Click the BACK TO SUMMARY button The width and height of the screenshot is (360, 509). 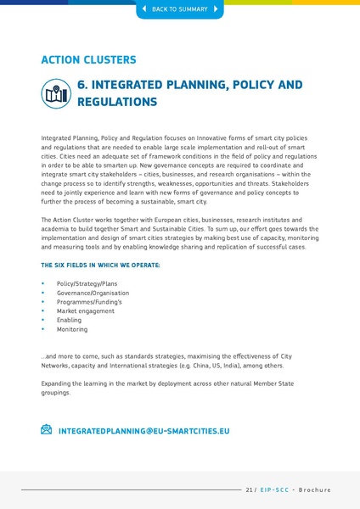(179, 9)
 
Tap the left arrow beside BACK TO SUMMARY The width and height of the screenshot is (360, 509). (143, 9)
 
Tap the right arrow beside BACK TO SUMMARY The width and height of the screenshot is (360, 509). (216, 9)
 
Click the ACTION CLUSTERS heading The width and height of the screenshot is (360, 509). (88, 60)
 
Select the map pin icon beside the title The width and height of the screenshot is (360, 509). (56, 93)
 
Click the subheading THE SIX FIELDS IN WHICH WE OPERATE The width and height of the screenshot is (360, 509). (100, 266)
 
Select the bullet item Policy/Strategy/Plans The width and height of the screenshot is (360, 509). (87, 282)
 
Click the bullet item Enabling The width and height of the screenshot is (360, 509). (70, 320)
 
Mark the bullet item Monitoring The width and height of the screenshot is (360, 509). (72, 329)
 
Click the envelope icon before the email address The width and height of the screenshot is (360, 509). (47, 430)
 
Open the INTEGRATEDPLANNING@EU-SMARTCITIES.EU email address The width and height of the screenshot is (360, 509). (143, 431)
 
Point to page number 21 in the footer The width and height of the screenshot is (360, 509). (250, 489)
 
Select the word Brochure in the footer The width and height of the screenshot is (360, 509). (314, 489)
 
